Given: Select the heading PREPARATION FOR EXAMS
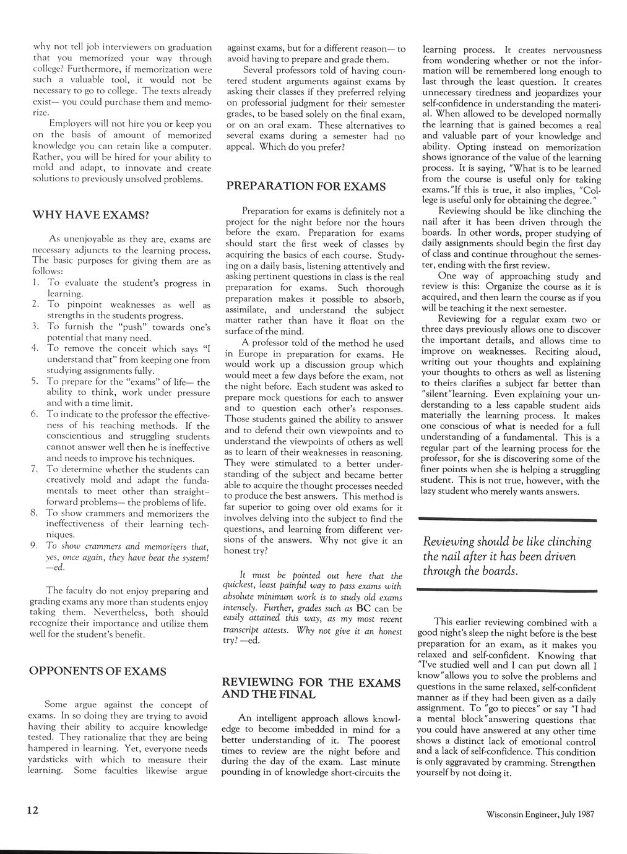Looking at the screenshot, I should pyautogui.click(x=306, y=186).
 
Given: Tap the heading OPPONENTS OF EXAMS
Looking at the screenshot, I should pyautogui.click(x=98, y=671).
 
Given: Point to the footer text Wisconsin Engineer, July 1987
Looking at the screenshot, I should pyautogui.click(x=540, y=814).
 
